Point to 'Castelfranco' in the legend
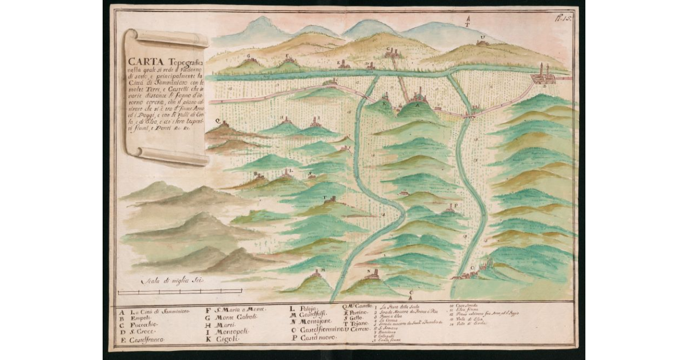coord(147,340)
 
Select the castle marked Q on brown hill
coord(225,124)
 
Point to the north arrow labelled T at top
coord(467,22)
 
